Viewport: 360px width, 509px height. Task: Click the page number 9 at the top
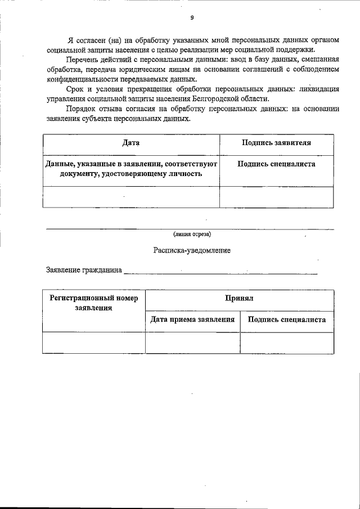coord(192,18)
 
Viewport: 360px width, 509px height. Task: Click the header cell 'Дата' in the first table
coord(131,143)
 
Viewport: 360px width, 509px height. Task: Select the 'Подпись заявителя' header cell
coord(276,143)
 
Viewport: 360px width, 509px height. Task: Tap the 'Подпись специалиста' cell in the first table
coord(276,164)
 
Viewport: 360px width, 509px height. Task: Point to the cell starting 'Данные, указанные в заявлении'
coord(131,169)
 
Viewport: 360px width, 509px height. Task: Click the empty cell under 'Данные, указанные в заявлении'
coord(131,197)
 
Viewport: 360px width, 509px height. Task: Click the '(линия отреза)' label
coord(192,234)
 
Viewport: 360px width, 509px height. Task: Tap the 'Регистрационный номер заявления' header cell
coord(94,302)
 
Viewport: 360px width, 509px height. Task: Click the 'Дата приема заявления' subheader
coord(192,319)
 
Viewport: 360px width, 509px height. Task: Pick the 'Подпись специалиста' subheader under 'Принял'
coord(287,319)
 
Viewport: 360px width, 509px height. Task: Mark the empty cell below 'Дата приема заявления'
coord(192,343)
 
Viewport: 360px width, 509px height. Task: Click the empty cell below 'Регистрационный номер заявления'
coord(94,343)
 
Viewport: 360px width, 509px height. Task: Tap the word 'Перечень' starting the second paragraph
coord(82,59)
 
